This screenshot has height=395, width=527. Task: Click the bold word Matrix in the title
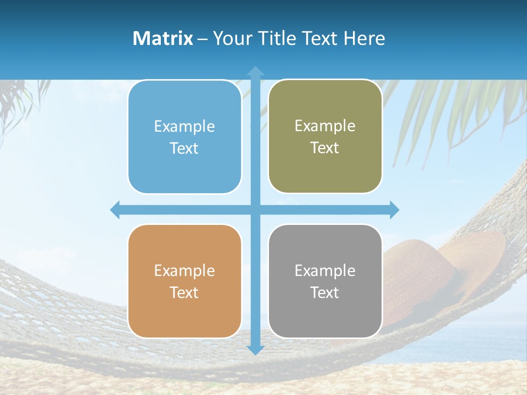(163, 38)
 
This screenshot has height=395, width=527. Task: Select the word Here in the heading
(365, 38)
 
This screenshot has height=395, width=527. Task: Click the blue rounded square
(184, 137)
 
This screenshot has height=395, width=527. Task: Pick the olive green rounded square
(325, 136)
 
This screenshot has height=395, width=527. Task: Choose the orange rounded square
(184, 281)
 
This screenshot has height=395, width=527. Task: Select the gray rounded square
(325, 281)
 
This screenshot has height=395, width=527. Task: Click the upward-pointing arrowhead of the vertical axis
(255, 71)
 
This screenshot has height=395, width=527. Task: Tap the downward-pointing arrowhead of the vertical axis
(255, 349)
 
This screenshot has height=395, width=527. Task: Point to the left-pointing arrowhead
(115, 210)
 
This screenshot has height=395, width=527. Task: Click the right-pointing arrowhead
(394, 210)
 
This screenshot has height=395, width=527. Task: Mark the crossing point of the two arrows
(255, 210)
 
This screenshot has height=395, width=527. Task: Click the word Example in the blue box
(184, 127)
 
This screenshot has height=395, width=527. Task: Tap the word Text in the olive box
(325, 148)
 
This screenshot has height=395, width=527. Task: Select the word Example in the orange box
(184, 271)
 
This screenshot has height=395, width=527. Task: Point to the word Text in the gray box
(325, 293)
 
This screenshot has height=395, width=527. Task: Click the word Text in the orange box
(184, 293)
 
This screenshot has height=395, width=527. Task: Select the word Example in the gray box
(325, 271)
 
